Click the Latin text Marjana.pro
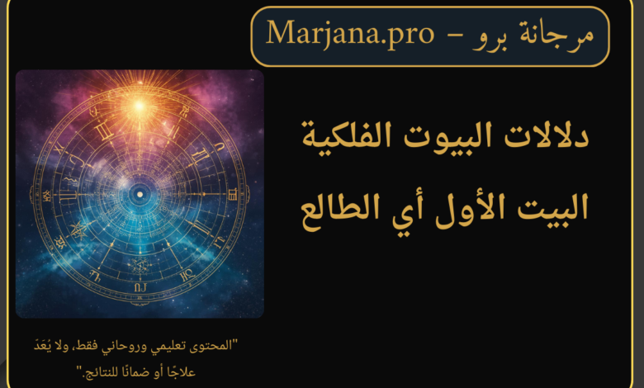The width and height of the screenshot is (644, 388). tap(350, 34)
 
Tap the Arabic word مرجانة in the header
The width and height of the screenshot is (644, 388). tap(557, 35)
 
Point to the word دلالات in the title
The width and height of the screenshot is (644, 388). tap(547, 136)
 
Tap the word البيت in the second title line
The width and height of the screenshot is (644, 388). tap(552, 208)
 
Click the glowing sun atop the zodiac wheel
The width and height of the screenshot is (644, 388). tap(140, 106)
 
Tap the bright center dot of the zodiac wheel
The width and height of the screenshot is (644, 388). tap(140, 194)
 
